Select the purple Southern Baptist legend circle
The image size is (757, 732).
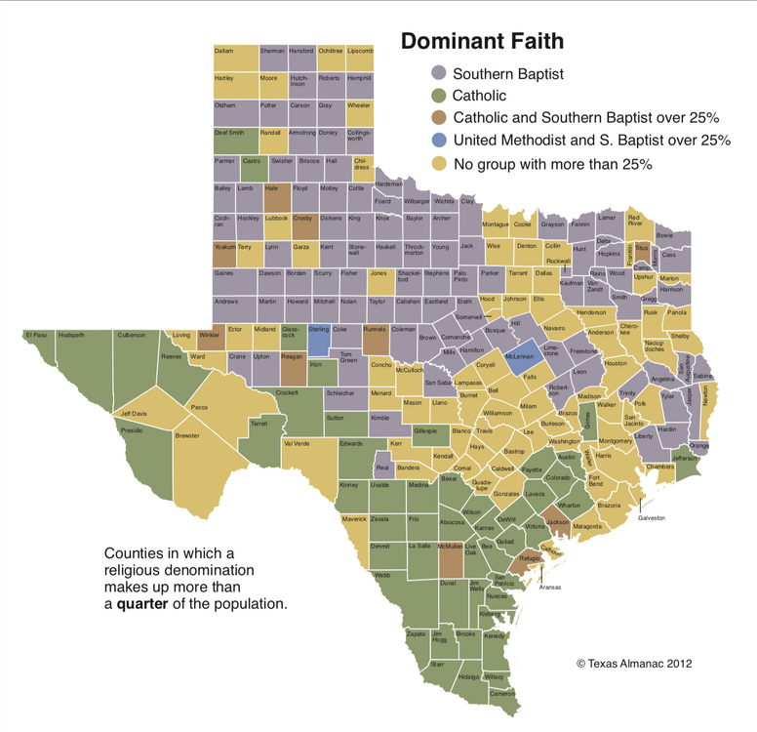pos(439,73)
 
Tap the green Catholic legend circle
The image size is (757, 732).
pos(439,96)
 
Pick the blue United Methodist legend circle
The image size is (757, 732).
pos(439,141)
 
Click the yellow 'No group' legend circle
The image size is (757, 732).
pos(439,163)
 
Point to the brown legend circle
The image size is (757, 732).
pos(439,118)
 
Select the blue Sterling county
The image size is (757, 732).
pos(319,336)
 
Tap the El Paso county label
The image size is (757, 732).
pos(36,335)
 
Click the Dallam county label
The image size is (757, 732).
pos(224,50)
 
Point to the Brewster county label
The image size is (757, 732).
pos(187,436)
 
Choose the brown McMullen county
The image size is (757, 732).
pos(450,558)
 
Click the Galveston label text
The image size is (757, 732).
pos(652,517)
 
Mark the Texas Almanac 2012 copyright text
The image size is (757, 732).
pos(633,664)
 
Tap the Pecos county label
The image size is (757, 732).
pos(199,407)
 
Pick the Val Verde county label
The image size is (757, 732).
pos(296,443)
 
